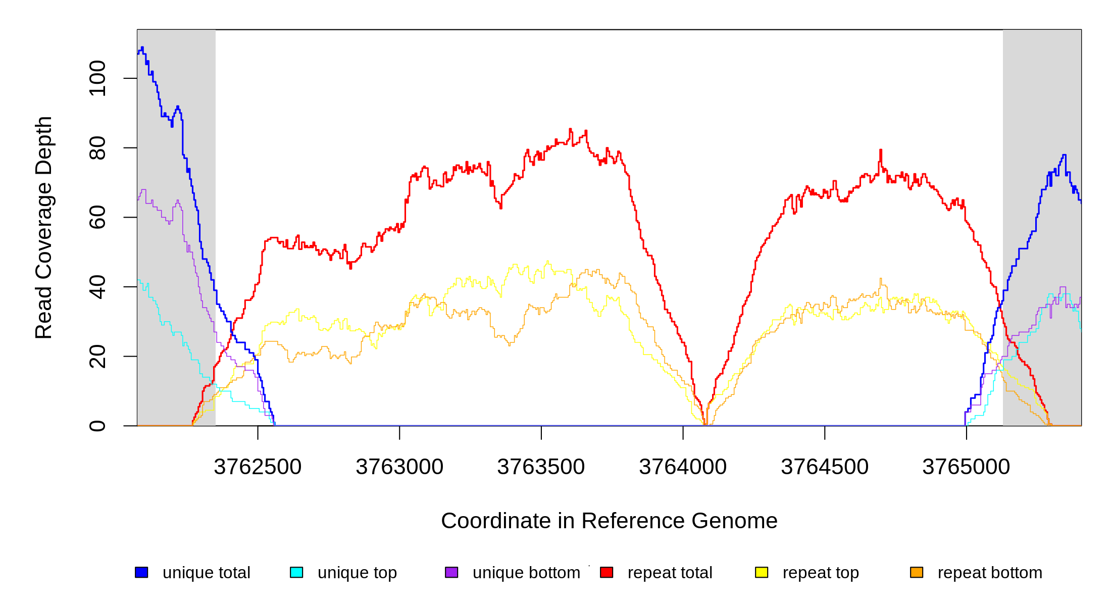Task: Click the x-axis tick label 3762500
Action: [x=258, y=467]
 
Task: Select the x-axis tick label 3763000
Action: [x=399, y=467]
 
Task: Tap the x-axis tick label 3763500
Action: [x=541, y=467]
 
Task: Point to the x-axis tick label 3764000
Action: [x=683, y=467]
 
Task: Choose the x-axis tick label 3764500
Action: [x=825, y=467]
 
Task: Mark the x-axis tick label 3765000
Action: [x=966, y=467]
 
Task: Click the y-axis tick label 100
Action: [x=97, y=78]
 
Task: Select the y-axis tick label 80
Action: [x=97, y=148]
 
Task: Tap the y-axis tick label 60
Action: [x=97, y=217]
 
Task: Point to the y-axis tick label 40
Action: [x=97, y=287]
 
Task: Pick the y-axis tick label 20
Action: [x=97, y=357]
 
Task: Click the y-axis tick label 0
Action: [x=97, y=426]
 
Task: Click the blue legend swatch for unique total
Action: [x=141, y=572]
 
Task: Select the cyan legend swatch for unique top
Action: [x=296, y=572]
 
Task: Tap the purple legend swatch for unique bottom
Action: [x=451, y=572]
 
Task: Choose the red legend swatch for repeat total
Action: [x=607, y=572]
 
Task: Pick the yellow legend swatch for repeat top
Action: [x=762, y=572]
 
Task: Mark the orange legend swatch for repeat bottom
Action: [x=917, y=572]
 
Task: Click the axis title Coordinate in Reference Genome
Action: [x=609, y=521]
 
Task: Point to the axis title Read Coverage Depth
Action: [x=44, y=227]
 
